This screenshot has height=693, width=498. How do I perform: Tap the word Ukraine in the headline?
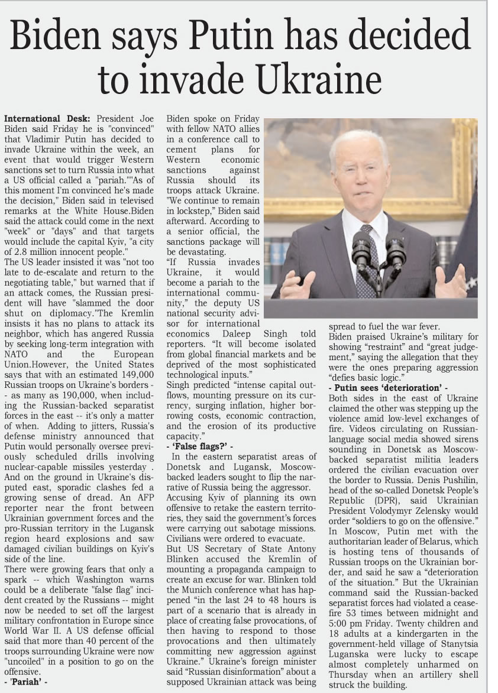[x=318, y=78]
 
